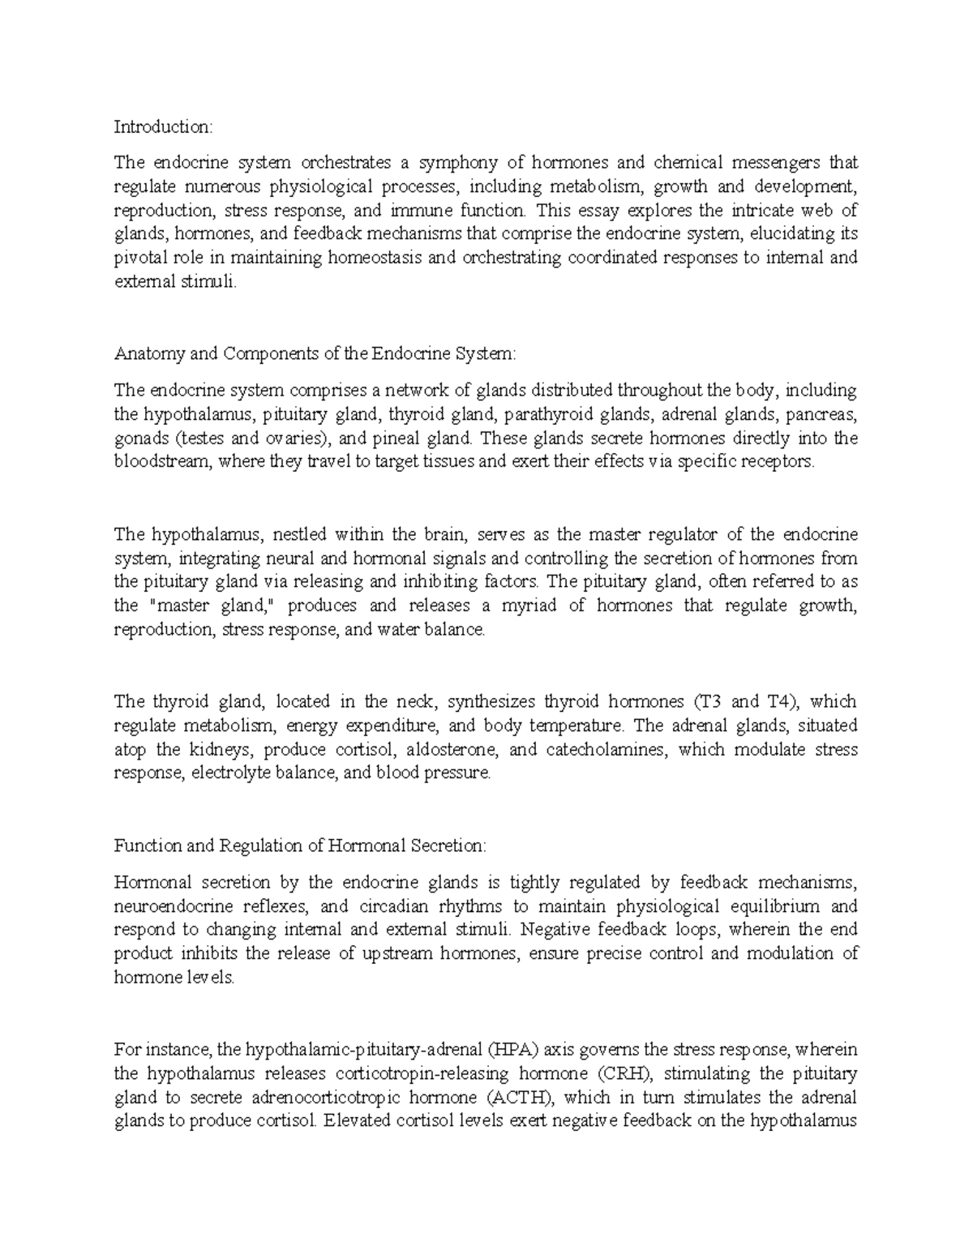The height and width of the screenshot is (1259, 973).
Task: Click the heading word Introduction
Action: click(162, 126)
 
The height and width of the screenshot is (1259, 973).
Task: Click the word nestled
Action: click(301, 534)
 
